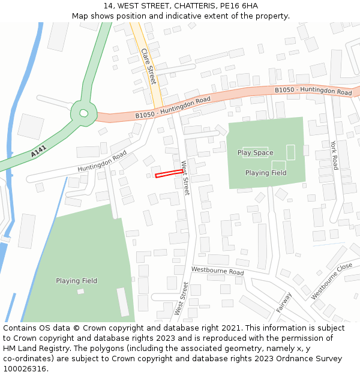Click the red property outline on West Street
169,174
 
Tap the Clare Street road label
148,67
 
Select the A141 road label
39,154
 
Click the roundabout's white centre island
83,113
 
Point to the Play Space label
255,153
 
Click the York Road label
334,155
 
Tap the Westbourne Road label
217,272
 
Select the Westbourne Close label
332,281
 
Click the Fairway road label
284,302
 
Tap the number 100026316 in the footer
25,369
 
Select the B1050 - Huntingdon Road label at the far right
313,91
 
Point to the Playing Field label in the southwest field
76,281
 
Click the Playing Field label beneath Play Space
266,173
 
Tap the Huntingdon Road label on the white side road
102,162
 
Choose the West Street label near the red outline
185,178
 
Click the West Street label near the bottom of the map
181,299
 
